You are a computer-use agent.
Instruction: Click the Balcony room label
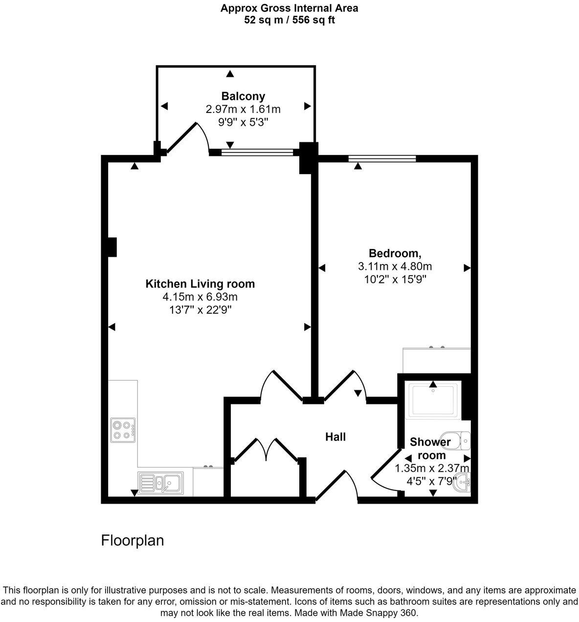243,96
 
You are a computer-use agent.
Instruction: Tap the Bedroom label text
395,253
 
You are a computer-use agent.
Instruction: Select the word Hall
335,437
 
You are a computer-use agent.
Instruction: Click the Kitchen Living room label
200,284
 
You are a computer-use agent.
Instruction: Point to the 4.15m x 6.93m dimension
200,297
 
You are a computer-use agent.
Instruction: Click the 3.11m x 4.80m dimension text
395,267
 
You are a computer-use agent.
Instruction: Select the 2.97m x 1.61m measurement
243,109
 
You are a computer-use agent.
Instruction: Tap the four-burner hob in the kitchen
123,430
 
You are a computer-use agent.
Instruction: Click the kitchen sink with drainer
160,483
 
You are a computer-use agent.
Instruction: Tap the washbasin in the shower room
463,484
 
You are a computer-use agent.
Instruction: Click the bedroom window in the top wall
382,158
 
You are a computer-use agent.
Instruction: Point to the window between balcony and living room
257,153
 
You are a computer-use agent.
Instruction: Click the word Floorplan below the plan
132,540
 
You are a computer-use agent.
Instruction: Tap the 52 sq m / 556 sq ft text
289,20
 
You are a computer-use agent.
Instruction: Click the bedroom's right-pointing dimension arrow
467,268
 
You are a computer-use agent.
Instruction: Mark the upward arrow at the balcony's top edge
229,74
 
